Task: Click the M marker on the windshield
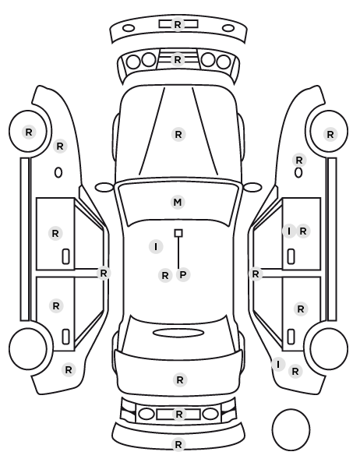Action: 178,203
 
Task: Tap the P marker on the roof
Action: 183,274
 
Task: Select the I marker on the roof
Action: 156,246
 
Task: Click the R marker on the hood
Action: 178,135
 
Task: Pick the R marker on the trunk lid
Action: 180,380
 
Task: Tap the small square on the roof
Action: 178,233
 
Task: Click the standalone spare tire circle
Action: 291,429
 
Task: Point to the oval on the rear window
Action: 178,333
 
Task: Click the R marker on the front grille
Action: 178,60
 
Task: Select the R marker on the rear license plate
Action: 178,414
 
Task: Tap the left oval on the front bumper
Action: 129,28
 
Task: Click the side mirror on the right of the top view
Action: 252,187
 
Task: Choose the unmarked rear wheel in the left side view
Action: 28,348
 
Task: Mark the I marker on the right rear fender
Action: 278,364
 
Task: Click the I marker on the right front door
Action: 288,231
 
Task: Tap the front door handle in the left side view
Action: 65,256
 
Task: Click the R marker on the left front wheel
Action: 29,132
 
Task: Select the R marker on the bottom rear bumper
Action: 178,445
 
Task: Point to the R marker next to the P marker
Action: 165,276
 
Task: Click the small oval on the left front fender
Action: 58,172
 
